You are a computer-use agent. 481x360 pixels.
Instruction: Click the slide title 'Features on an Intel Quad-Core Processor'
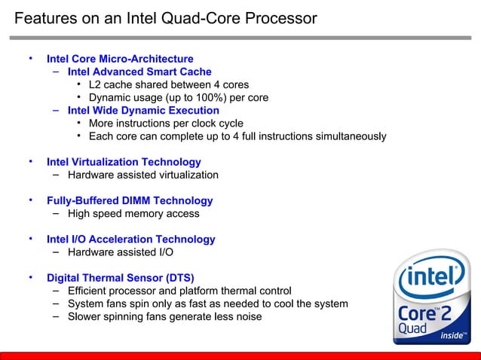(166, 18)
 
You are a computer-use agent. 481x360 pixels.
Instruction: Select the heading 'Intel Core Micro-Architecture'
(120, 59)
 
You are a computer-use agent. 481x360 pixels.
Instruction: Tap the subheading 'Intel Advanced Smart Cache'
(139, 72)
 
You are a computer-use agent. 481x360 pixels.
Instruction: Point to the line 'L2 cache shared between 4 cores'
(168, 85)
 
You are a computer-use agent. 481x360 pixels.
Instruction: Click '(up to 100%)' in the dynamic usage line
(209, 98)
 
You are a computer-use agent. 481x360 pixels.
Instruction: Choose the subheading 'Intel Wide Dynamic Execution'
(143, 111)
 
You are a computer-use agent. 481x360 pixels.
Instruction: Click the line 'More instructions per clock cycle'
(166, 124)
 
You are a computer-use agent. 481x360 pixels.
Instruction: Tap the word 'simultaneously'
(350, 136)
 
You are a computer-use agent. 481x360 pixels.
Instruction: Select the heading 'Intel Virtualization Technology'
(124, 162)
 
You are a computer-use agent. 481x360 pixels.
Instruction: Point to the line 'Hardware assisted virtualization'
(143, 175)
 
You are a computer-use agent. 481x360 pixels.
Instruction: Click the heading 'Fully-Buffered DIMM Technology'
(130, 201)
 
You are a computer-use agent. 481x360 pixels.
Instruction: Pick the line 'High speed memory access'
(133, 214)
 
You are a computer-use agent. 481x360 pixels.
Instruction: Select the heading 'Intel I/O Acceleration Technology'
(130, 239)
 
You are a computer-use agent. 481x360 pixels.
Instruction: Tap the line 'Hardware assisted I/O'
(121, 252)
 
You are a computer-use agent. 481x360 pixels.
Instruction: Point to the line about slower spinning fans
(164, 316)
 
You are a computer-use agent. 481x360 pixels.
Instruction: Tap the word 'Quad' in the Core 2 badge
(412, 329)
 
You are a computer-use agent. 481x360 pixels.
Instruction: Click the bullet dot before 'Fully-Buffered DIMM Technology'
(31, 200)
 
